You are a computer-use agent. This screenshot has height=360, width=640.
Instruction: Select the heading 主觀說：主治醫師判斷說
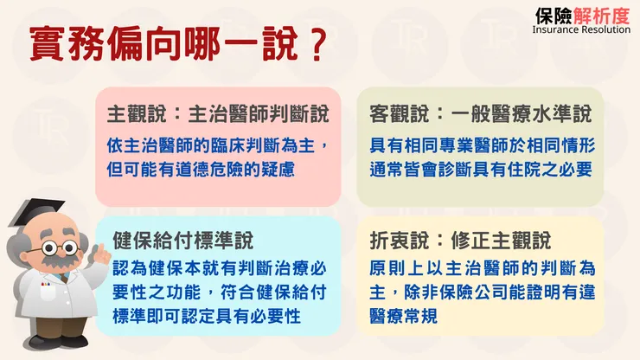coord(219,115)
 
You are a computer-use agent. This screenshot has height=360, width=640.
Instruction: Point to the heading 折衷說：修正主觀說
coord(460,239)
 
